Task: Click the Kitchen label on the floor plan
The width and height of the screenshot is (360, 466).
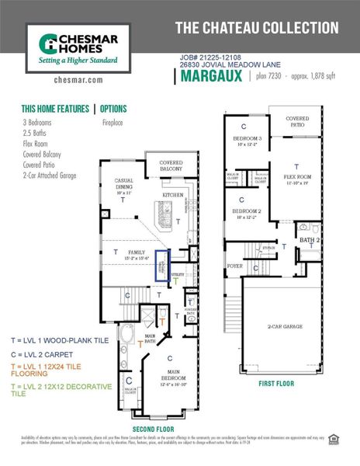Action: tap(171, 185)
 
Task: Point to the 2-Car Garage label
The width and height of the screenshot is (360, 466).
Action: tap(285, 327)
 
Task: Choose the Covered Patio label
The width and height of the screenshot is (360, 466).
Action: tap(297, 122)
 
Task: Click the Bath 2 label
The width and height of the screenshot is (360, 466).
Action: tap(310, 242)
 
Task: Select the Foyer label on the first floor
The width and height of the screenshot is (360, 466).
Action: tap(235, 266)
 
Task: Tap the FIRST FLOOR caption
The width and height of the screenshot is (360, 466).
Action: tap(277, 383)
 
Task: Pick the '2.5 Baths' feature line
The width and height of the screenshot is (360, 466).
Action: tap(36, 133)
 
